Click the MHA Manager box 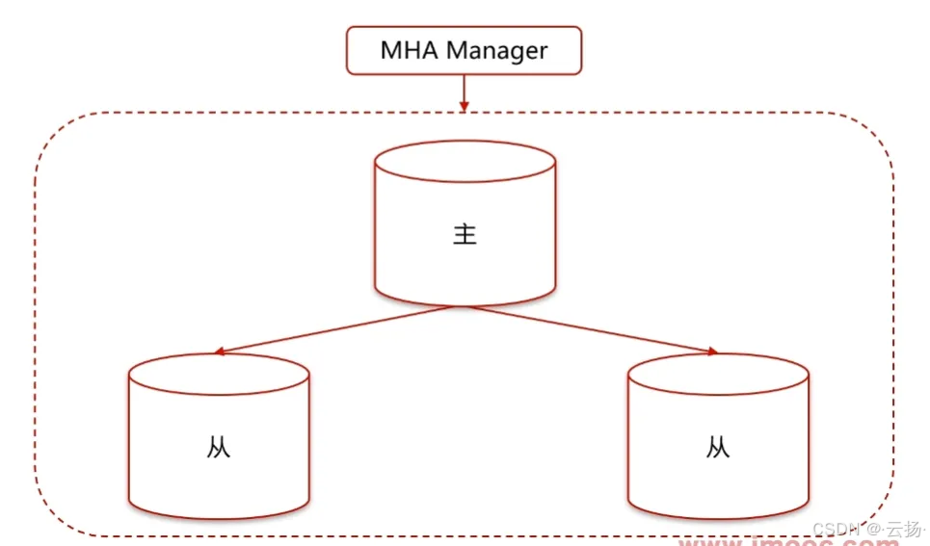(464, 50)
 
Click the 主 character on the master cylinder (465, 235)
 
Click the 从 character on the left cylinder (219, 448)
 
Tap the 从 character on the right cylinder (718, 448)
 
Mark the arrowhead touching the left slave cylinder (221, 352)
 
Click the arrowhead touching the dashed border (464, 106)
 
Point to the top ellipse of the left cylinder (219, 374)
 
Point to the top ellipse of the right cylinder (718, 374)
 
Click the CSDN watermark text (837, 529)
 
